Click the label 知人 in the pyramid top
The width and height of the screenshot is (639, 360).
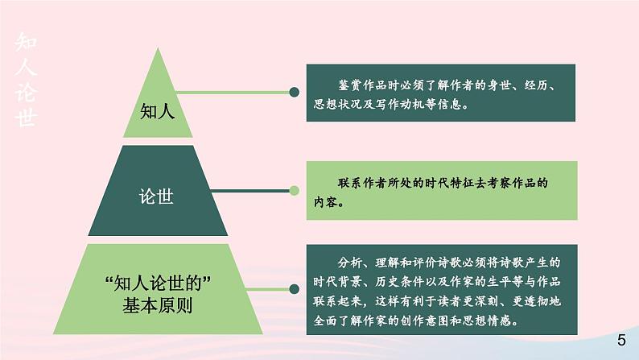click(157, 111)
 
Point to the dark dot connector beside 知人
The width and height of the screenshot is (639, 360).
click(295, 93)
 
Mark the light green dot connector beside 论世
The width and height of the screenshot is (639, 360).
click(295, 191)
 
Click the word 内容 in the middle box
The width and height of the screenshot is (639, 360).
click(327, 203)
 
